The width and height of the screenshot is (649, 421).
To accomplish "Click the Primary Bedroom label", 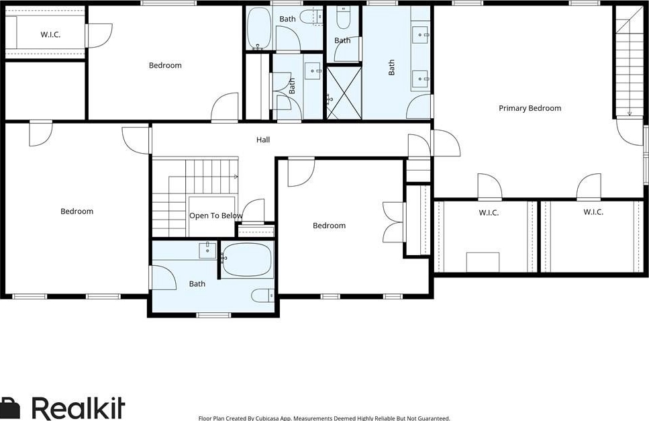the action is coord(530,108).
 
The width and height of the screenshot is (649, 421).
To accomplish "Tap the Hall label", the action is coord(263,140).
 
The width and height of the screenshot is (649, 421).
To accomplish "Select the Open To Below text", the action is coord(215,216).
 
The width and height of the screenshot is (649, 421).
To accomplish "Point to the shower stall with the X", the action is coord(344,93).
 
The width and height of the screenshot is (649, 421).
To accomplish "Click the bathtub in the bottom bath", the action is coord(247,260).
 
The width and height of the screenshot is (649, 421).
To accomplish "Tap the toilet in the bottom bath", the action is coord(262,295).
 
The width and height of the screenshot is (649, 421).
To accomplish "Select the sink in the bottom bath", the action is coord(207,251).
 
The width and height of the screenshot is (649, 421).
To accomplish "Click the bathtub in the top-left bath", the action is coord(258,29).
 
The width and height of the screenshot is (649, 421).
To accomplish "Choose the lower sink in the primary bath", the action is coord(421,79).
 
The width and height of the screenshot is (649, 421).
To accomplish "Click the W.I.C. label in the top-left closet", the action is coord(50,34).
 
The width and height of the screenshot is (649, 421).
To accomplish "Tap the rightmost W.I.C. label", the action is coord(593,212).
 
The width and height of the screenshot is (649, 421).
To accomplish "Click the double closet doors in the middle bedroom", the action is coord(393,222).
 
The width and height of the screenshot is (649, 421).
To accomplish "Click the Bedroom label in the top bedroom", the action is coord(165,65).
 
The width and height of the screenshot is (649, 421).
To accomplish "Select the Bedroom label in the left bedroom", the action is coord(77,211).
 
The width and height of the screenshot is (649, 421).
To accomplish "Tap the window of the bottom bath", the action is coord(213,315).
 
